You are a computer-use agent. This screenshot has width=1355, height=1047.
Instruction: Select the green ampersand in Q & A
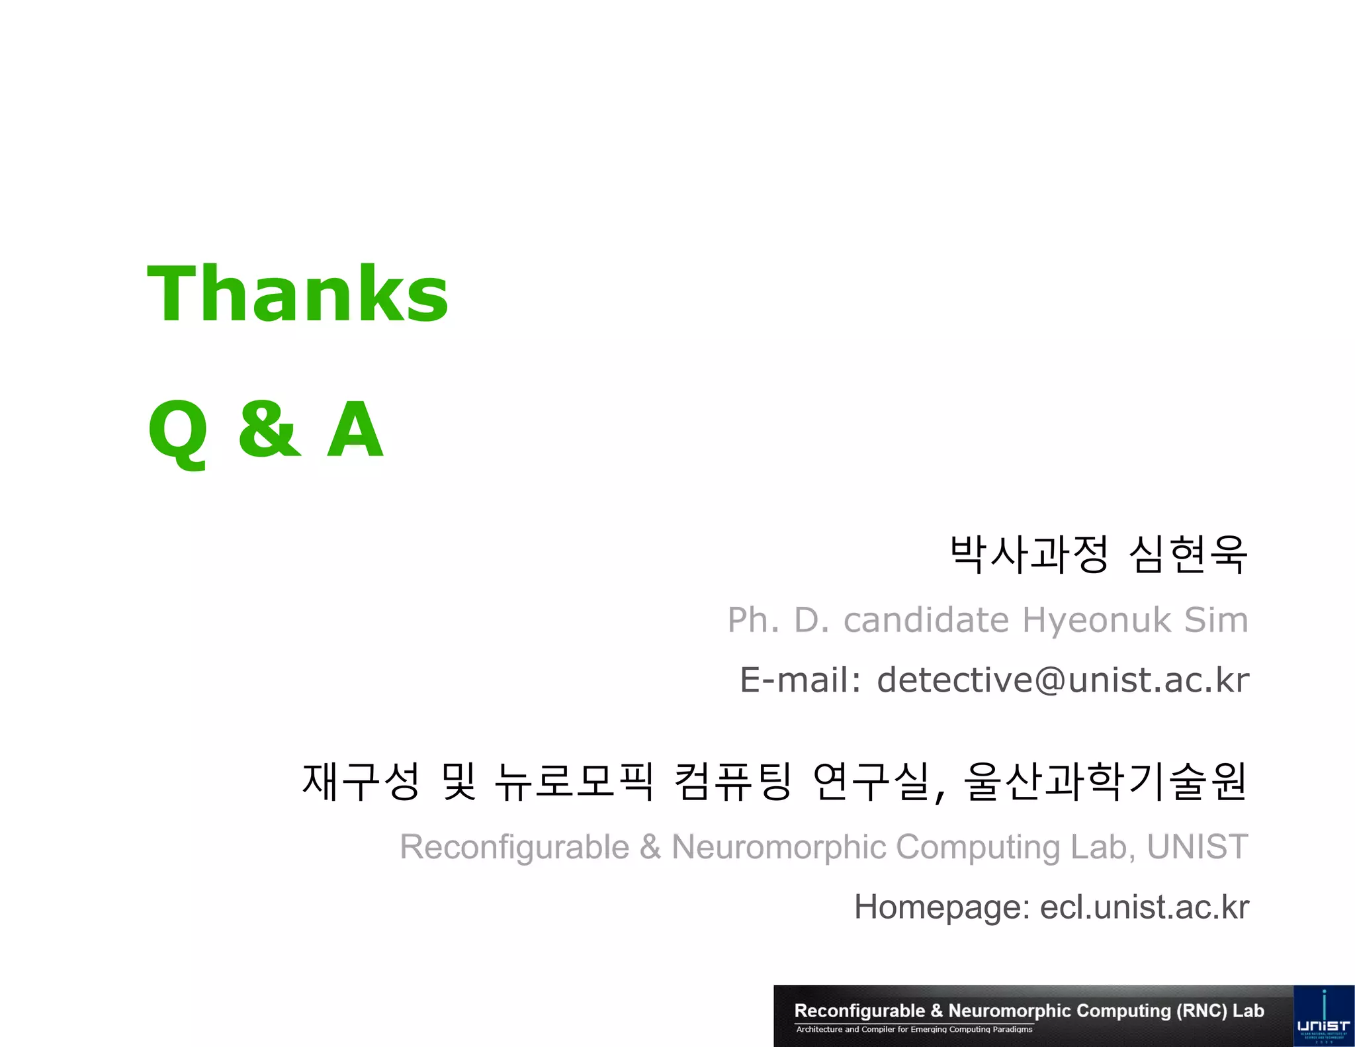269,430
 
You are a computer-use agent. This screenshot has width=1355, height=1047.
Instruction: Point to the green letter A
355,430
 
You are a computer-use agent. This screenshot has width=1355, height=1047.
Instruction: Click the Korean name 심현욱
1188,555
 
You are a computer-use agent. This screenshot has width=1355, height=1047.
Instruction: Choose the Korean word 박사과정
1029,555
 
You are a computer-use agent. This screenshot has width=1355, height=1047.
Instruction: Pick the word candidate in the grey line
926,620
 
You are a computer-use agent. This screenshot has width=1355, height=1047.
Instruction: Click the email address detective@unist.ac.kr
1063,680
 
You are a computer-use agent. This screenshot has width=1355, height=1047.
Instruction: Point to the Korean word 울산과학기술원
1106,782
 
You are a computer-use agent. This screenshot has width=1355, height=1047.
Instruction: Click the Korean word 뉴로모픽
574,782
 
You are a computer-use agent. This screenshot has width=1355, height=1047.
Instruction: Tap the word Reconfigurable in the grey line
514,847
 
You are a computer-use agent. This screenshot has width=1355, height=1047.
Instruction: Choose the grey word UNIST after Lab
1198,847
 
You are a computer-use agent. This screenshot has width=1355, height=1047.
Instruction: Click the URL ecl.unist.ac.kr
1144,907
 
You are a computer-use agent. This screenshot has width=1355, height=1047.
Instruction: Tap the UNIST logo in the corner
1323,1017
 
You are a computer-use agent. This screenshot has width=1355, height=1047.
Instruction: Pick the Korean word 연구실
873,782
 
